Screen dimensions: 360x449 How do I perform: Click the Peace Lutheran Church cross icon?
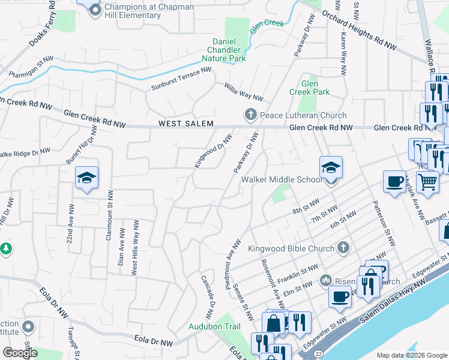click(250, 115)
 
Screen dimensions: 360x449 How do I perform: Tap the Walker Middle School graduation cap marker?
click(331, 168)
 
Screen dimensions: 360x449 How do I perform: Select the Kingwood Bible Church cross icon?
click(343, 247)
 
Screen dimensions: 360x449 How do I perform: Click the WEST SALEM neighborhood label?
click(184, 124)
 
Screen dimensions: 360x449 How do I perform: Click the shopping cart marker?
click(427, 181)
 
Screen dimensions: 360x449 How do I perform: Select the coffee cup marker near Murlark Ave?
click(394, 181)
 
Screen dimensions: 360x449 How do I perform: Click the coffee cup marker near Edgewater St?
click(340, 296)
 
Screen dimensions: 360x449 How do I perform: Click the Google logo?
click(20, 352)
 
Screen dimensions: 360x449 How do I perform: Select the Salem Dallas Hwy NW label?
click(393, 311)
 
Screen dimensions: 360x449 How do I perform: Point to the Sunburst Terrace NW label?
click(181, 79)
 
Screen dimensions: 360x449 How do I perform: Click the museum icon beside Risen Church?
click(326, 280)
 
